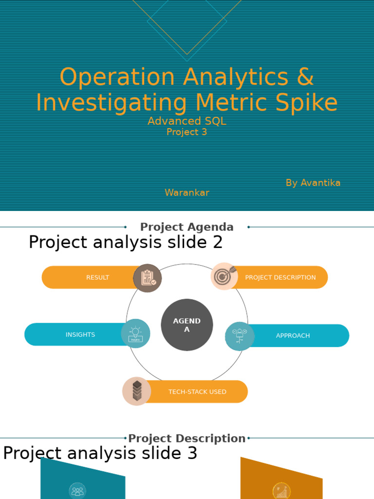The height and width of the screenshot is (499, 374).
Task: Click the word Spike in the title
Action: tap(312, 103)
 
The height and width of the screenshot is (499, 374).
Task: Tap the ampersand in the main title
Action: tap(305, 77)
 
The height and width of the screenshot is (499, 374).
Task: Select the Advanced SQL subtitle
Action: tap(187, 121)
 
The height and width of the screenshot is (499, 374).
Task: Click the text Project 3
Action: tap(187, 132)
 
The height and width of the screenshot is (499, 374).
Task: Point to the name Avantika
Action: tap(320, 183)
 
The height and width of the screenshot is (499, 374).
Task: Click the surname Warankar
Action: tap(187, 192)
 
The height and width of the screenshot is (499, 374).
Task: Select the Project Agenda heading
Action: tap(187, 227)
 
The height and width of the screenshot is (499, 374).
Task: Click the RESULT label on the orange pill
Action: tap(97, 277)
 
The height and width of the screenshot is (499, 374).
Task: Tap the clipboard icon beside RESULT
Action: tap(148, 278)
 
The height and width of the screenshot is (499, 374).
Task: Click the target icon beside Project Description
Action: tap(224, 276)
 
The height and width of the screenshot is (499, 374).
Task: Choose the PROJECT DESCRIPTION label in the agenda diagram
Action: tap(280, 277)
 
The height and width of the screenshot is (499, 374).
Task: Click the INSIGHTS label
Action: tap(80, 335)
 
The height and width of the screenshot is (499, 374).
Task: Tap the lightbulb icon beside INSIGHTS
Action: tap(135, 334)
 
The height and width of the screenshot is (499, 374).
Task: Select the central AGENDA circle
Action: tap(187, 325)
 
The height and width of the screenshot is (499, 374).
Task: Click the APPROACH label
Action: tap(293, 336)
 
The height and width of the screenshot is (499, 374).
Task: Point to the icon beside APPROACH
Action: tap(240, 336)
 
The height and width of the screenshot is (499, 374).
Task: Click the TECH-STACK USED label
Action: tap(197, 392)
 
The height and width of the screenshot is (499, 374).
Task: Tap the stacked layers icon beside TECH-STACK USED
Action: tap(137, 391)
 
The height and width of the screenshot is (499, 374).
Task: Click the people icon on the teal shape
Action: tap(77, 490)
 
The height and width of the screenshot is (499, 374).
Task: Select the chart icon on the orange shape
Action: tap(281, 491)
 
